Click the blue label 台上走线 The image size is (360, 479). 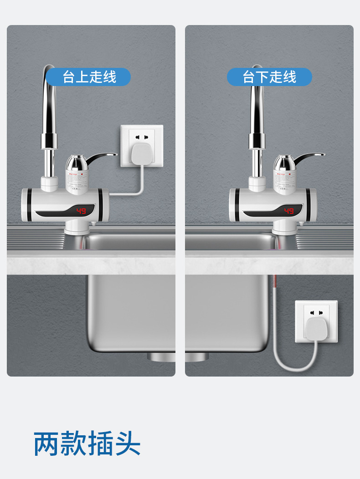coord(89,77)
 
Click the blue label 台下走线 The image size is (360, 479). coord(269,77)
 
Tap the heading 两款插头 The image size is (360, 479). coord(87,444)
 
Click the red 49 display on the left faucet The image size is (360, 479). coord(81,211)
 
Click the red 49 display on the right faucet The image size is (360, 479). coord(289,211)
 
